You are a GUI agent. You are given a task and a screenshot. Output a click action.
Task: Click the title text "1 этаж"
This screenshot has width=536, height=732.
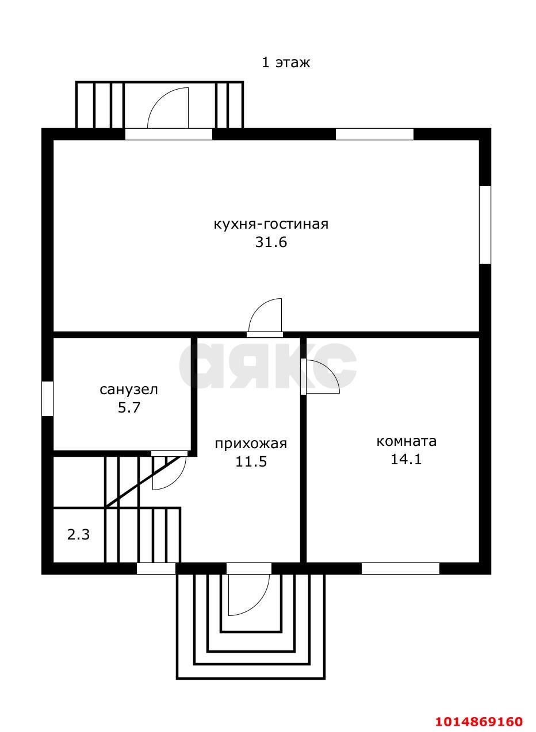click(285, 63)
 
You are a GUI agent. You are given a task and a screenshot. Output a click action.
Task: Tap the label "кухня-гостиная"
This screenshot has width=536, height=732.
click(271, 225)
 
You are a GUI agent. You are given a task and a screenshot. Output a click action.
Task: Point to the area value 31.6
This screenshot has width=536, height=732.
click(271, 242)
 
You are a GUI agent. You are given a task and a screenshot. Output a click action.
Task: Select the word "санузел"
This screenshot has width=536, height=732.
click(128, 390)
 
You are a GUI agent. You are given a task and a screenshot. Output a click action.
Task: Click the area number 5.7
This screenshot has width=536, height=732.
click(129, 407)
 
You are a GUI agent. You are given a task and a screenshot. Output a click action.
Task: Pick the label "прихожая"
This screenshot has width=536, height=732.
click(251, 444)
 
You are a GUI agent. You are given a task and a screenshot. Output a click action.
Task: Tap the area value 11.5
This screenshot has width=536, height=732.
click(251, 461)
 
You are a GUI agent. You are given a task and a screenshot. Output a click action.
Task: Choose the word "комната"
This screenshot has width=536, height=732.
click(406, 441)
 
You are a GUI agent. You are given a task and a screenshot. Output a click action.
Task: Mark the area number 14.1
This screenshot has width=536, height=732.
click(406, 459)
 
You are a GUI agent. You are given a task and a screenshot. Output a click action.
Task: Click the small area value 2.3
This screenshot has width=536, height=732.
click(78, 535)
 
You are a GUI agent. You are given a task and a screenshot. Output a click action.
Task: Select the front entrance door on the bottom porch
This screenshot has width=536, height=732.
click(249, 594)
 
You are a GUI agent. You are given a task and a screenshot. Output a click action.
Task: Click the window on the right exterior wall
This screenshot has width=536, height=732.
click(485, 225)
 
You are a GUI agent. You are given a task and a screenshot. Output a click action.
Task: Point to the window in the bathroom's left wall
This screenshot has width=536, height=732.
click(47, 399)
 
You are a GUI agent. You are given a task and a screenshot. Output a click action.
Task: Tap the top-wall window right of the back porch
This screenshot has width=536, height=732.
click(374, 134)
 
